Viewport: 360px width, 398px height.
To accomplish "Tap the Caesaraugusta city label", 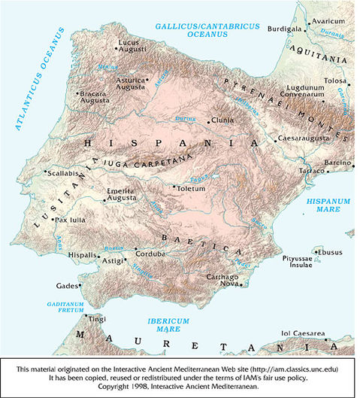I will [301, 139].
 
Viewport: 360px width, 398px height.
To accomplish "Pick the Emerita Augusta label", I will [120, 196].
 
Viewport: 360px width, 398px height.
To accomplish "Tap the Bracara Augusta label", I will [95, 98].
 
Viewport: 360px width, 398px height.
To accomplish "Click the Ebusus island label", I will [331, 252].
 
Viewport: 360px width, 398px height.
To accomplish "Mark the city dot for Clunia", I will [208, 120].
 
